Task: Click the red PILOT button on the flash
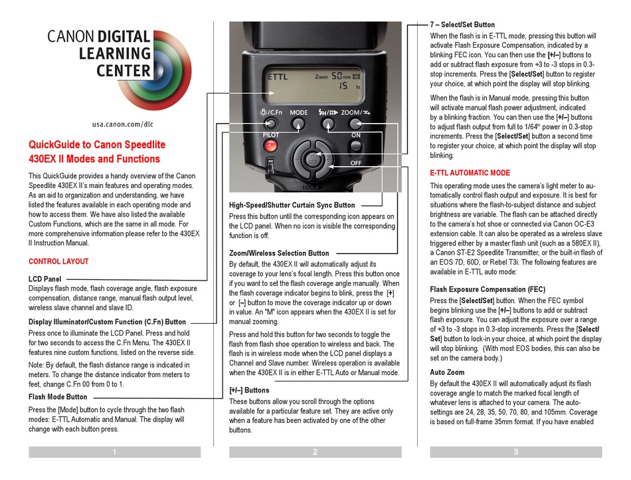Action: pos(272,146)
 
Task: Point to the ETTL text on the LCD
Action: pos(279,76)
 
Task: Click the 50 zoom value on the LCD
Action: pos(338,76)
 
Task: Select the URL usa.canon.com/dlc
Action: pos(122,124)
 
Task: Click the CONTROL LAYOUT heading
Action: pos(58,261)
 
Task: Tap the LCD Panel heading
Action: pos(45,279)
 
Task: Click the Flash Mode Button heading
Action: pos(58,397)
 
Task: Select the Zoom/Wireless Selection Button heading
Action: pos(279,253)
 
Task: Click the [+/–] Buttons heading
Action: pos(249,391)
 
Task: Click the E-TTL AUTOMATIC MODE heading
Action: pos(470,173)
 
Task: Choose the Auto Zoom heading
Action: pos(447,372)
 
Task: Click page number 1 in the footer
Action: pos(114,452)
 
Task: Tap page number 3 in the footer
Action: pos(515,452)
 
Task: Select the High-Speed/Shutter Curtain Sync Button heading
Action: pos(292,205)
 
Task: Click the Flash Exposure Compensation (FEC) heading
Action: pos(488,289)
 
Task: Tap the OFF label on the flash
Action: pos(355,162)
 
